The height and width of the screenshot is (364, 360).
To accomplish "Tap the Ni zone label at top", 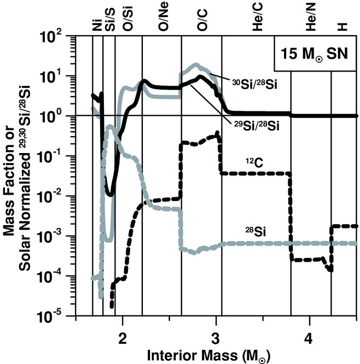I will (97, 25).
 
